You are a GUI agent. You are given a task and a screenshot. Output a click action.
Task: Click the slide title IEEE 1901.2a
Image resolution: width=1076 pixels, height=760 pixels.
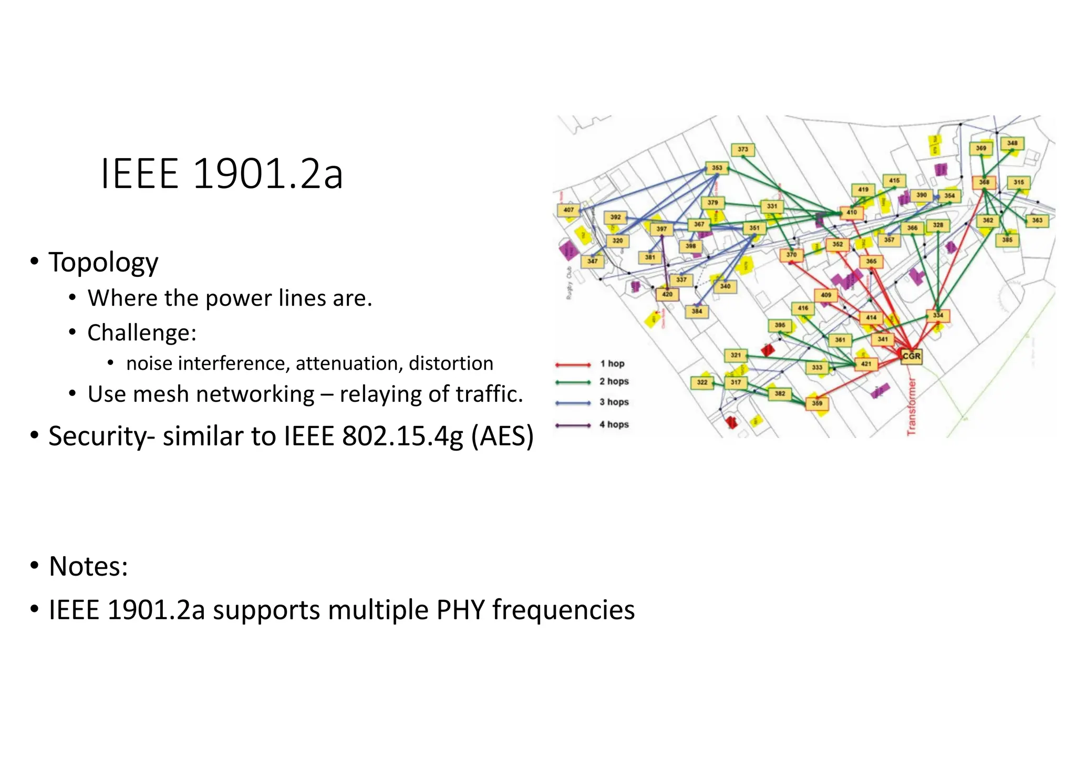[x=221, y=174]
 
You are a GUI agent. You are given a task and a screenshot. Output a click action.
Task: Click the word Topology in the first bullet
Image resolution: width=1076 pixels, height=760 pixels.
[x=103, y=263]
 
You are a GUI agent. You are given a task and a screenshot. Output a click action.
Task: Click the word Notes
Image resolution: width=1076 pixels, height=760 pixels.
[x=88, y=566]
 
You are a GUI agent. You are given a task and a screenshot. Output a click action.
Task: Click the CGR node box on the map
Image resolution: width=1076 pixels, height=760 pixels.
[x=912, y=356]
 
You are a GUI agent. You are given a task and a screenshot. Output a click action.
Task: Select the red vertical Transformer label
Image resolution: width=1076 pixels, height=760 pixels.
[x=912, y=406]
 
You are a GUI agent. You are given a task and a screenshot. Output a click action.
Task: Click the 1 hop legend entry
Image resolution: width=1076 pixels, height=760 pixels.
[x=612, y=363]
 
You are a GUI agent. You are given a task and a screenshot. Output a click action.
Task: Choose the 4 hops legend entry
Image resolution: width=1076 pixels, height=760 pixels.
[x=614, y=424]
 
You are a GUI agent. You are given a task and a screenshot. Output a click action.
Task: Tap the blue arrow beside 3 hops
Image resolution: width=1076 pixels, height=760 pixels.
[x=573, y=403]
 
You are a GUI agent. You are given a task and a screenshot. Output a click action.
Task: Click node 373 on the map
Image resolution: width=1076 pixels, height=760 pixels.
[x=743, y=150]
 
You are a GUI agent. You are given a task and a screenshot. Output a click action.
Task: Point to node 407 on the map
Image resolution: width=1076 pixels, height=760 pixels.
[x=568, y=210]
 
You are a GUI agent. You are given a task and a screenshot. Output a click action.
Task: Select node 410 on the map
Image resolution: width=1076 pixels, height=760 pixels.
[x=852, y=213]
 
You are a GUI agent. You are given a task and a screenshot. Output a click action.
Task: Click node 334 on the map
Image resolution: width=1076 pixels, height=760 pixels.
[x=938, y=316]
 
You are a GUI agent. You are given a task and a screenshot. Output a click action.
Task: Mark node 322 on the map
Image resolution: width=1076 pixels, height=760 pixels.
[x=702, y=382]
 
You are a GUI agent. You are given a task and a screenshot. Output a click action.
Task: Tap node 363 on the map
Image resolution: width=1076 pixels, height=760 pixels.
[x=1037, y=220]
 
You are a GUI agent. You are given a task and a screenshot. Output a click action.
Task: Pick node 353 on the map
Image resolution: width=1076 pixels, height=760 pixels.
[x=717, y=168]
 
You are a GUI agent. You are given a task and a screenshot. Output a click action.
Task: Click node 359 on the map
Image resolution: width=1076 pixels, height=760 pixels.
[x=817, y=403]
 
